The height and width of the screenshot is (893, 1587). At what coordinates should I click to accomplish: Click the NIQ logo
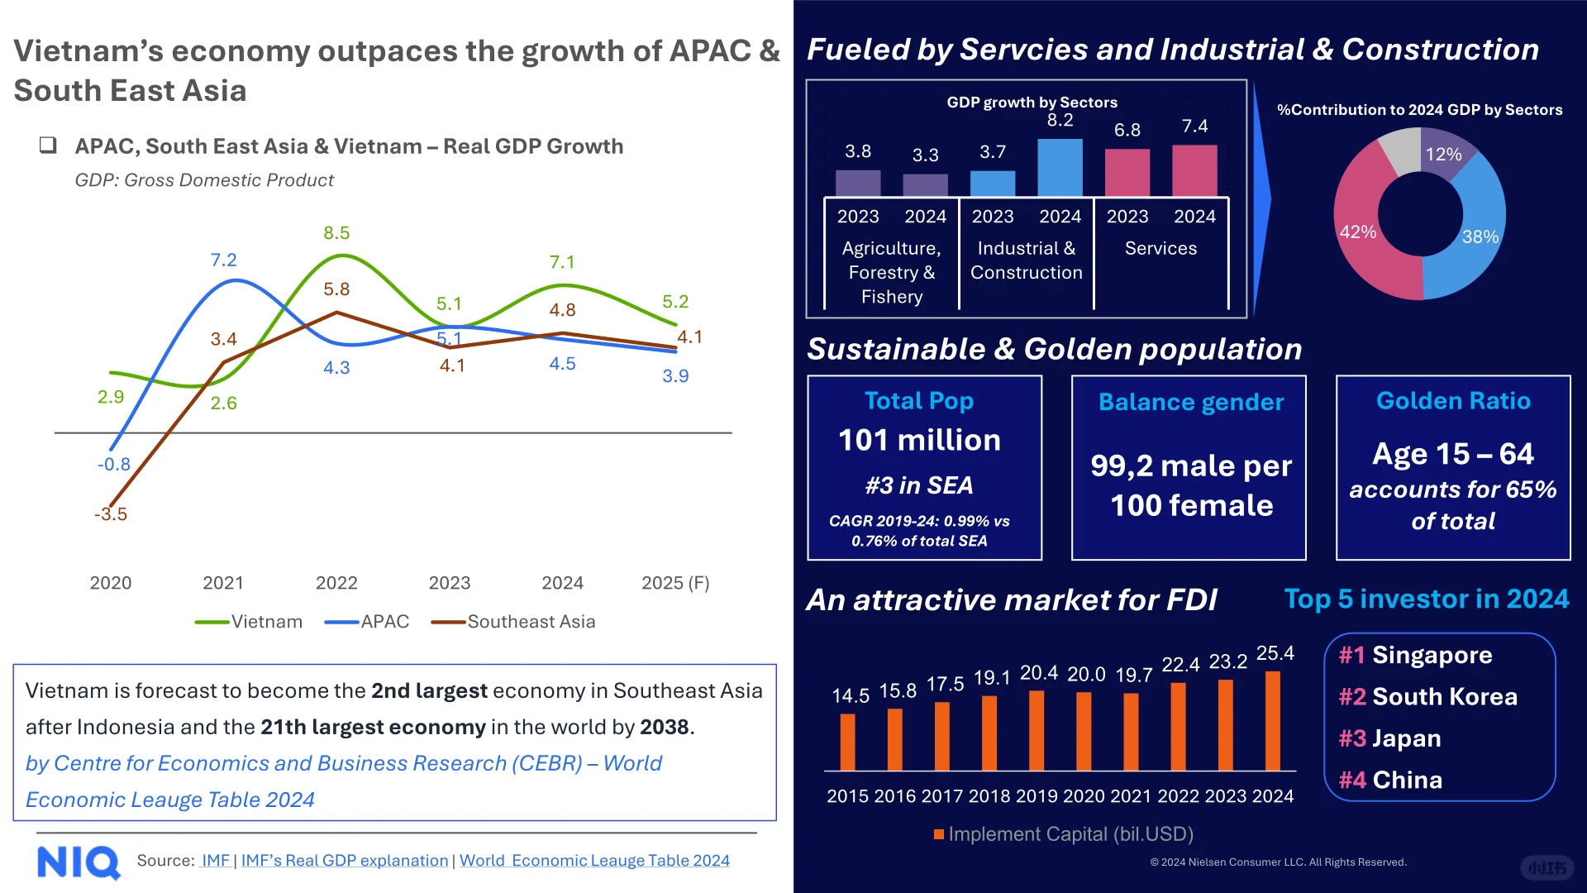coord(79,862)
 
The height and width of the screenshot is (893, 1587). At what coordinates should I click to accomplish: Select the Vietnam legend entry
coord(249,622)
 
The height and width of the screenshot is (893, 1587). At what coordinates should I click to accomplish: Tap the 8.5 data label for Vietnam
coord(336,233)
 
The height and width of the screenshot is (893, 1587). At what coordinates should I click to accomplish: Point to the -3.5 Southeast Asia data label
coord(111,514)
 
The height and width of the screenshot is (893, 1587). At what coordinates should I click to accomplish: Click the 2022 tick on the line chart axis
coord(336,583)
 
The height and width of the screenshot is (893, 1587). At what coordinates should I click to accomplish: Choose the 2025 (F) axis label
coord(675,583)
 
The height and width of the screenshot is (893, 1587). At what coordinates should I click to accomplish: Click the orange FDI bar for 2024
coord(1273,720)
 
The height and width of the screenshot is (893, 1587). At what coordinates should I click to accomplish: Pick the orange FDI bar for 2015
coord(847,742)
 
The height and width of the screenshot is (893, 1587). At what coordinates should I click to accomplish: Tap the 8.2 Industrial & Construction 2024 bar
coord(1060,168)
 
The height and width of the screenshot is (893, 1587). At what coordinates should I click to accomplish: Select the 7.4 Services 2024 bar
coord(1194,171)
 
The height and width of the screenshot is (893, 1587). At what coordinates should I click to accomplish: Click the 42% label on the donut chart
coord(1358,232)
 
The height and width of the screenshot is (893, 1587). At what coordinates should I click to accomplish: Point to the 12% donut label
coord(1443,155)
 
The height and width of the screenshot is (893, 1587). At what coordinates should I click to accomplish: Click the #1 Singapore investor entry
coord(1416,655)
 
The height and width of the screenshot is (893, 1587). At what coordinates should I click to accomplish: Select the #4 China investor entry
coord(1390,780)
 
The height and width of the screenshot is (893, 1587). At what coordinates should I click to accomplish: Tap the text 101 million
coord(919,440)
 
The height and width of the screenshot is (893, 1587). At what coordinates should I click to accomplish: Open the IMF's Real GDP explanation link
coord(345,861)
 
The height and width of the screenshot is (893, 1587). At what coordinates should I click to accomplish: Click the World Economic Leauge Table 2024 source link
coord(594,861)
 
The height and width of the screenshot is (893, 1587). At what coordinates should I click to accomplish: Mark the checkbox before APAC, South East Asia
coord(48,146)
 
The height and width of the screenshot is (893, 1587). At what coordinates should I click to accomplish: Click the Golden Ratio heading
coord(1453,401)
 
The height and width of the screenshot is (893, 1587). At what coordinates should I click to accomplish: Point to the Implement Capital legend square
coord(939,834)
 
